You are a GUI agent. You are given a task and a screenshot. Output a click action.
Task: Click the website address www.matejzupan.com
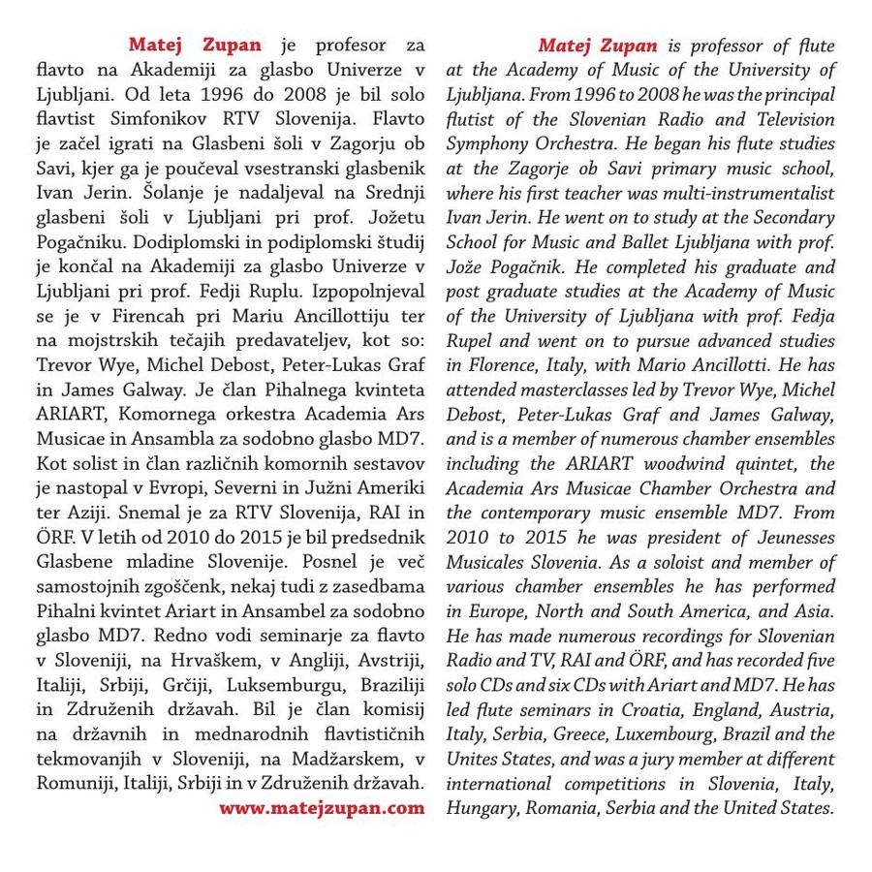(x=322, y=808)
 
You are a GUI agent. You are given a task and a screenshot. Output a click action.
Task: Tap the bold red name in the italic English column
(x=597, y=46)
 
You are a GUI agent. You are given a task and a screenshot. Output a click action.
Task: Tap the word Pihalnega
(x=290, y=389)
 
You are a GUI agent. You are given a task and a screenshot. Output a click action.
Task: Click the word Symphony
(x=483, y=144)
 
